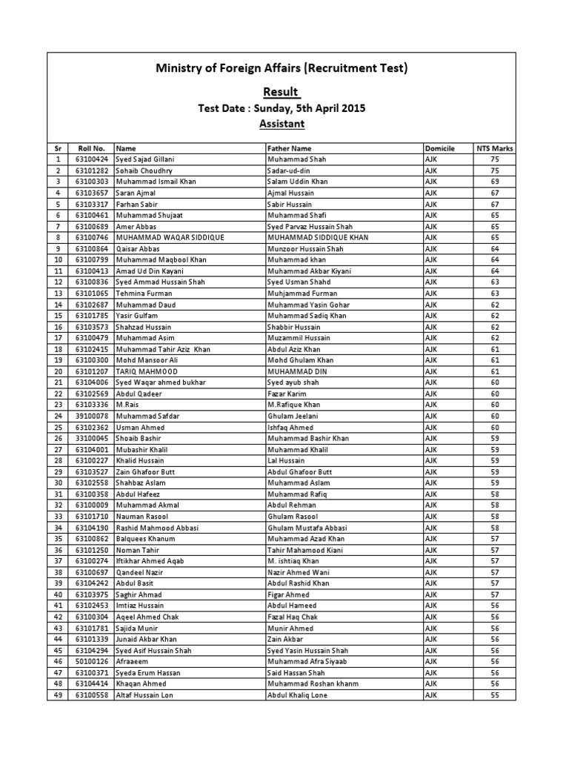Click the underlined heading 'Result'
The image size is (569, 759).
pyautogui.click(x=282, y=92)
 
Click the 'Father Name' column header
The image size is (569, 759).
pyautogui.click(x=290, y=148)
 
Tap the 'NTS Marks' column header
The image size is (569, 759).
pyautogui.click(x=495, y=148)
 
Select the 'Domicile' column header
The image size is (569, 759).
pyautogui.click(x=439, y=148)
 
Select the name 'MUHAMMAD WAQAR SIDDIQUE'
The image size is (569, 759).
pyautogui.click(x=170, y=237)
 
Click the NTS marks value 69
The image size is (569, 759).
pyautogui.click(x=495, y=182)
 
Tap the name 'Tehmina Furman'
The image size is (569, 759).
pyautogui.click(x=144, y=294)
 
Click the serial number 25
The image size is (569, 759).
pyautogui.click(x=58, y=427)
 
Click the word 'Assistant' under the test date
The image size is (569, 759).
pyautogui.click(x=282, y=124)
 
